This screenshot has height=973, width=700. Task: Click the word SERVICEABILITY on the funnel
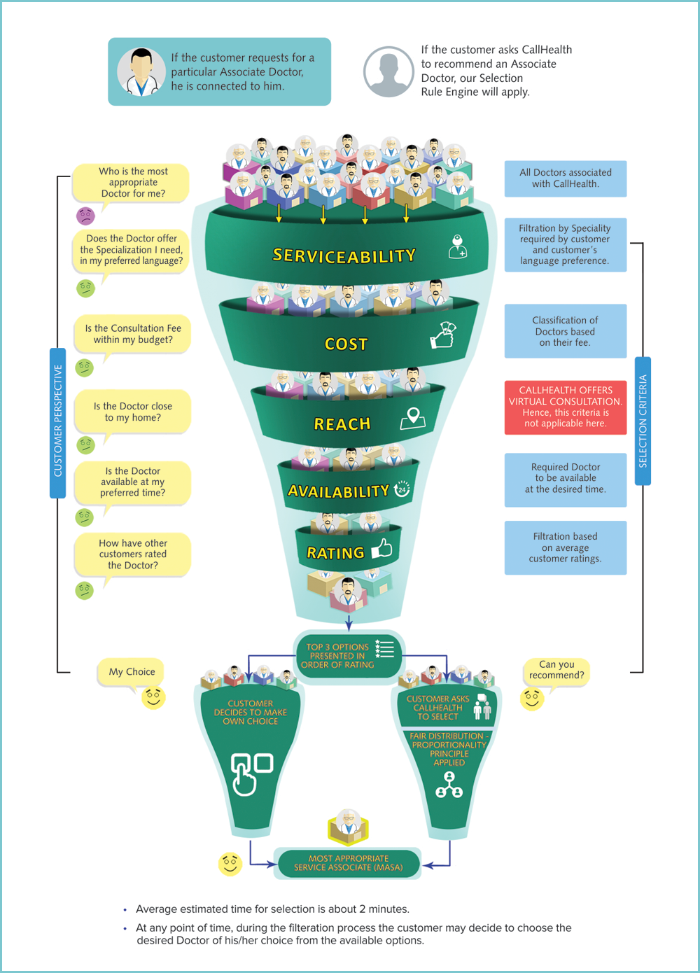(344, 256)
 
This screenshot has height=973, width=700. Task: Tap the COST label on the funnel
(346, 344)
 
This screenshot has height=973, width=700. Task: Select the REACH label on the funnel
(342, 423)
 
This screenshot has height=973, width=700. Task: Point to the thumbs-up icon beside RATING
(382, 548)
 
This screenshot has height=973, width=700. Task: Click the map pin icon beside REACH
(413, 418)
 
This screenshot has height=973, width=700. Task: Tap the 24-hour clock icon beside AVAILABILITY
(402, 489)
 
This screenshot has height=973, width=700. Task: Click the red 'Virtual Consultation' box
(566, 407)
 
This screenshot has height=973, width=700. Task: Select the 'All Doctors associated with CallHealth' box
(566, 178)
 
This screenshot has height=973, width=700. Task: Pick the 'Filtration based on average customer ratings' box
(566, 547)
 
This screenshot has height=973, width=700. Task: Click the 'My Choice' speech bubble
(132, 672)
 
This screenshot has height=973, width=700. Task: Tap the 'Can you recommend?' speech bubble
(556, 670)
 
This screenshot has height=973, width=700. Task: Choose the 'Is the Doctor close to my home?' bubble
(133, 412)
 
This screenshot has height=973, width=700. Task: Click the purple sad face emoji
(85, 216)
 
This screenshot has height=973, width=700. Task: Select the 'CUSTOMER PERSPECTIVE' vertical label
(58, 421)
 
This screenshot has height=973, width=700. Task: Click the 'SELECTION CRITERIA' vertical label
(643, 421)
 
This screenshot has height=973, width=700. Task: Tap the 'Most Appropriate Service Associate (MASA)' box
(349, 863)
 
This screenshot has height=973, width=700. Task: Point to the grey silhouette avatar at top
(388, 71)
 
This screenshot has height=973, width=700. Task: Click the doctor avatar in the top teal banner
(141, 71)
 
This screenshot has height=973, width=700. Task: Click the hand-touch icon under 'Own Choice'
(250, 773)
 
